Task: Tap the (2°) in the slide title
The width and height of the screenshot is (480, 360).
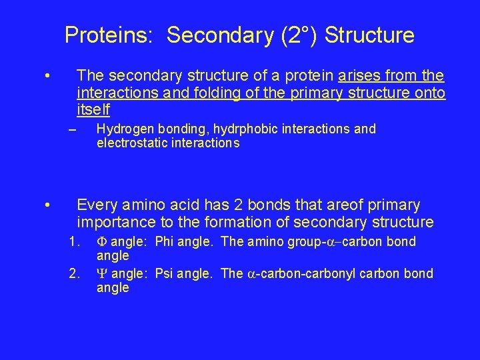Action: click(295, 35)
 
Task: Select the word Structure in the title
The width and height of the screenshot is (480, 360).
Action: click(370, 35)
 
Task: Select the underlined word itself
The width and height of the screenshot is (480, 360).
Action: click(93, 109)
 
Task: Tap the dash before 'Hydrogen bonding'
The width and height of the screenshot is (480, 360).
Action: click(73, 129)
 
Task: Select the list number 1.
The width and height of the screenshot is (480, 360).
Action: click(74, 241)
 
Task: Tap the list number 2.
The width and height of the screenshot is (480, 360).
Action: click(74, 273)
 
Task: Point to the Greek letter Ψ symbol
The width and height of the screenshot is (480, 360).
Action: click(102, 273)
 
